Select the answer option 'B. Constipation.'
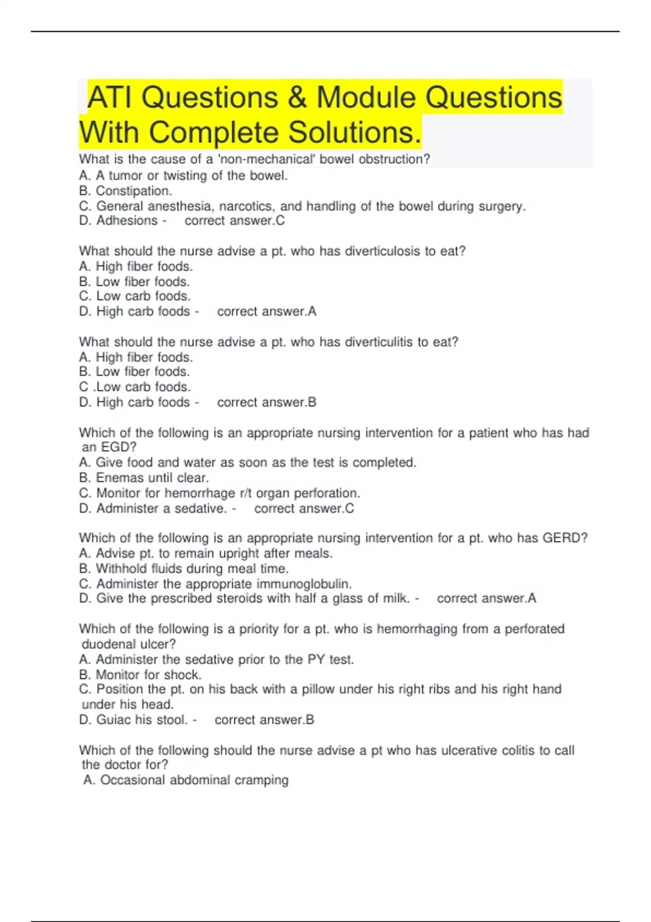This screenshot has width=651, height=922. pyautogui.click(x=125, y=191)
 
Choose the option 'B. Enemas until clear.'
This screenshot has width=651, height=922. pyautogui.click(x=144, y=478)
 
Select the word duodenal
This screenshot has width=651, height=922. pyautogui.click(x=108, y=644)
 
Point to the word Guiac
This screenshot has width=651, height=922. pyautogui.click(x=113, y=720)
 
